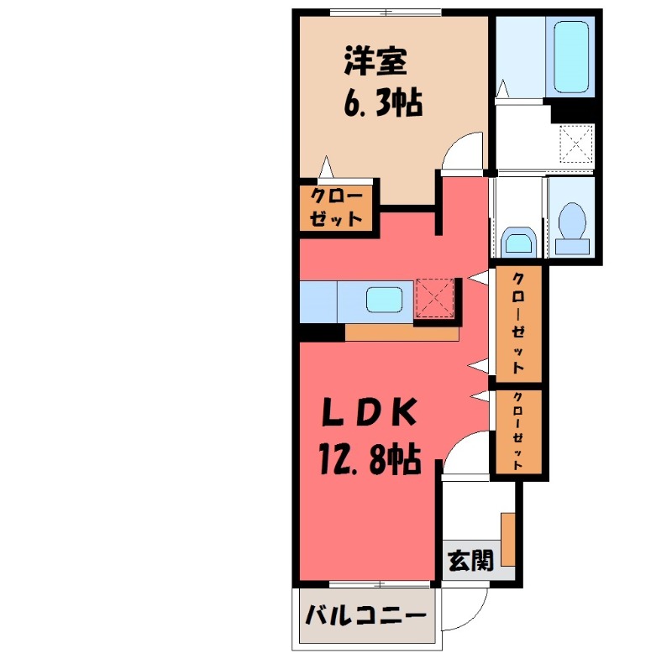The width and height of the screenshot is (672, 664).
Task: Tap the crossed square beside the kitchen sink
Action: pos(434,298)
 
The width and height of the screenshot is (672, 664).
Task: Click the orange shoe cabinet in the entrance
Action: pos(508,538)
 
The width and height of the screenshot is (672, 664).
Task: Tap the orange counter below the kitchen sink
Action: pos(402,332)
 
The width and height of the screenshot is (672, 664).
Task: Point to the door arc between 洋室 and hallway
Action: pos(465,153)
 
